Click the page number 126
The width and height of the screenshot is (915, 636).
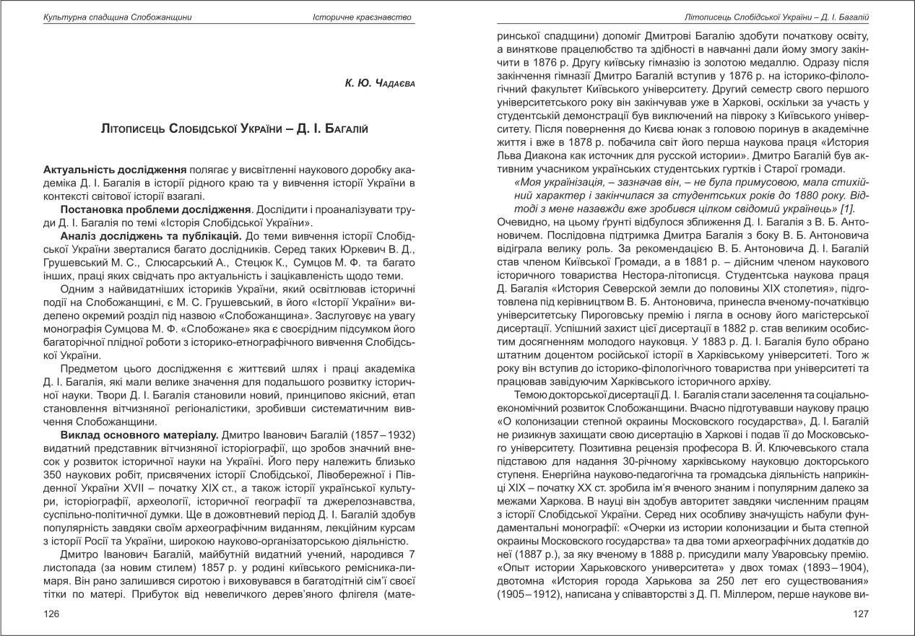point(51,613)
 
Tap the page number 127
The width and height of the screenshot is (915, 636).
point(860,613)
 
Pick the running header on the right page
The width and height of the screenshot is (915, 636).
point(776,17)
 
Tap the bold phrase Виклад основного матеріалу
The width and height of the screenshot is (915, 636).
point(139,435)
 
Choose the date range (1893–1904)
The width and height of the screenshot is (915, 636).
point(828,568)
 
